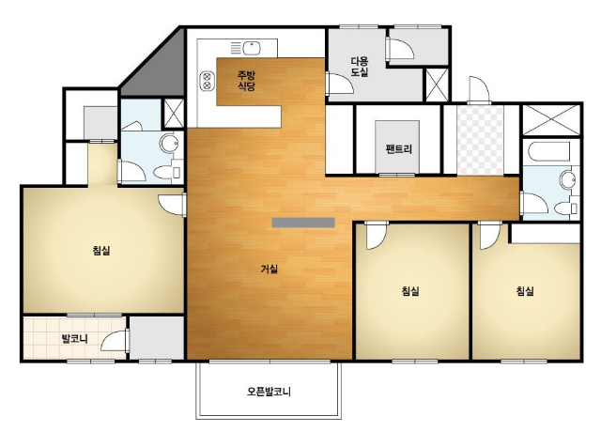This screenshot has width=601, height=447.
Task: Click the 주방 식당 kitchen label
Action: [x=246, y=81]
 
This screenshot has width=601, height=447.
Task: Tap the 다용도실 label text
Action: [x=360, y=67]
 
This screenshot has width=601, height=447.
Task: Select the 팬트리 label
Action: [x=398, y=148]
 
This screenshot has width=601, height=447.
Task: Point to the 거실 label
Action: [x=270, y=270]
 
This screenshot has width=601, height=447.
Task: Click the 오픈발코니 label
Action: [x=269, y=392]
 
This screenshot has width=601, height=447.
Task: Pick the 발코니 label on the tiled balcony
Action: [x=75, y=339]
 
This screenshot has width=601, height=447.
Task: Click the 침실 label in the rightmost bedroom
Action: [x=525, y=291]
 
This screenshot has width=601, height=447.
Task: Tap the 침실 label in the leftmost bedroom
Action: [x=101, y=251]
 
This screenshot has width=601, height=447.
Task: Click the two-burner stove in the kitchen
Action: [x=207, y=81]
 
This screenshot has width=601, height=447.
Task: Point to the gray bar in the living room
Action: [x=303, y=223]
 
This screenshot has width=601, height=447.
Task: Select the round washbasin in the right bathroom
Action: [x=567, y=179]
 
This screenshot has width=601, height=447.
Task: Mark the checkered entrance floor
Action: [x=480, y=140]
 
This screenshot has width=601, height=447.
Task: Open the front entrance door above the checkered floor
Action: [x=479, y=90]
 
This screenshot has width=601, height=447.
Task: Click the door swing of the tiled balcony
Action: [x=115, y=341]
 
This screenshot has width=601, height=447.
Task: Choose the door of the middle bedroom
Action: [x=377, y=236]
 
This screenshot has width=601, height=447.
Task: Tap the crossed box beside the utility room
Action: [x=437, y=85]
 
